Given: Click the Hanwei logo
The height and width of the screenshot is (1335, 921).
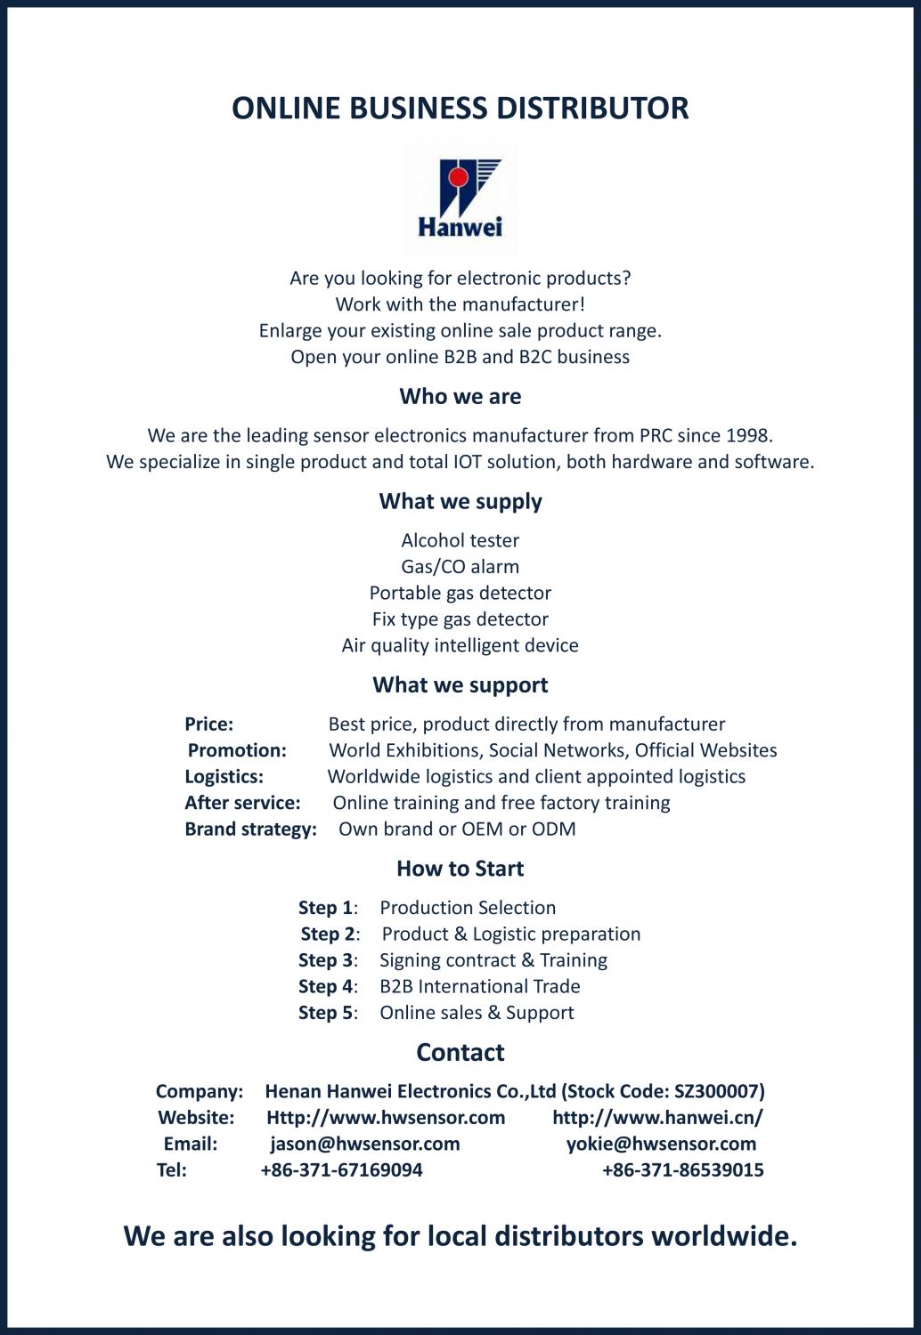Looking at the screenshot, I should [460, 198].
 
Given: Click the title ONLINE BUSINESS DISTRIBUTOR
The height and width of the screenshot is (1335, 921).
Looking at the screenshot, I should [460, 108].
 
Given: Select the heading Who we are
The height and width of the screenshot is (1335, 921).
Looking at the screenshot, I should [460, 396].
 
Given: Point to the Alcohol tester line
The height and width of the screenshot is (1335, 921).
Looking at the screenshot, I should [460, 540].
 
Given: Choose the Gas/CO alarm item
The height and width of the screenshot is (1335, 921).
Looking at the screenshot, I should [460, 566].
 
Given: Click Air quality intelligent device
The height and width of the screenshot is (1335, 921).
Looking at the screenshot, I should [460, 645].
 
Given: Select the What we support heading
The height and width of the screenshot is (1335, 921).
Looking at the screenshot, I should [460, 684].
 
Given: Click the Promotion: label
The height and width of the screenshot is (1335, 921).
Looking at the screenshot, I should [237, 750].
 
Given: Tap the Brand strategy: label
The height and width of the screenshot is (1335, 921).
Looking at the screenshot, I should [250, 829].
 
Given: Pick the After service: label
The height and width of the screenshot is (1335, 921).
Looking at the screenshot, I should [242, 803].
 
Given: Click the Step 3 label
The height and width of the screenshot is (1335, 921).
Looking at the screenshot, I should [326, 960].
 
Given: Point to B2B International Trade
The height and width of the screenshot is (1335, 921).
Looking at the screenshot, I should [479, 986].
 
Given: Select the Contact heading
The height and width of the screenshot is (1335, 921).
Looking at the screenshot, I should [460, 1052].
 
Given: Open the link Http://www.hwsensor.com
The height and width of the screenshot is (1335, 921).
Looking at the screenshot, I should [386, 1117].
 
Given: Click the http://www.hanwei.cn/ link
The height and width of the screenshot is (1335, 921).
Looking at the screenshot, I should [657, 1117].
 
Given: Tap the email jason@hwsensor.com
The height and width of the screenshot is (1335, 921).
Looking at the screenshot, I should [365, 1144].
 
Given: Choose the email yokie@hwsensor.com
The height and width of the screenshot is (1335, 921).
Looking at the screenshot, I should [661, 1144].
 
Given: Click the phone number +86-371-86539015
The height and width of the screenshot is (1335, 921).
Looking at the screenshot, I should [682, 1169].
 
